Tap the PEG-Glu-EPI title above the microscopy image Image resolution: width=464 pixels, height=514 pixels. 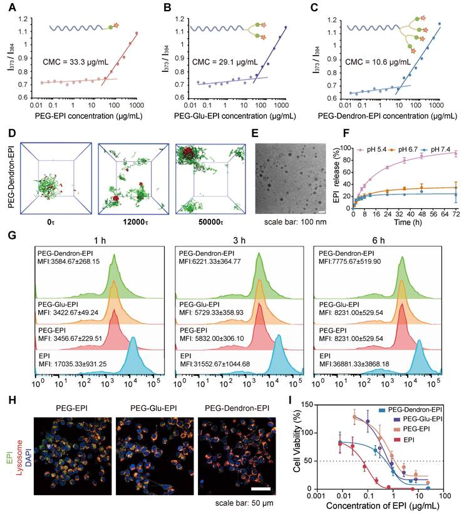157,407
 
